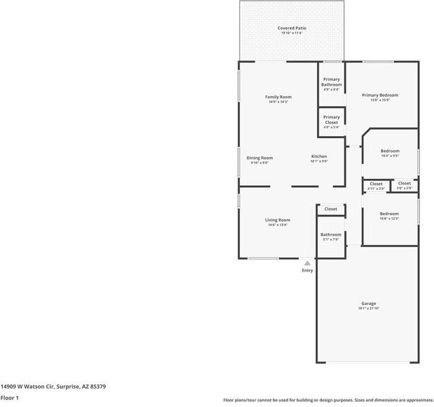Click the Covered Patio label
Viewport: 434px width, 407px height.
[x=291, y=28]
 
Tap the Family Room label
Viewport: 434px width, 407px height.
[x=278, y=97]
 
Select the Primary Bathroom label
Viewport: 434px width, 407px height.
[x=331, y=82]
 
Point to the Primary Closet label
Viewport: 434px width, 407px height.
[x=331, y=119]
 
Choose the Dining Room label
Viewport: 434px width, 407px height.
[x=259, y=158]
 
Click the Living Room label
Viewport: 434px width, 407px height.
[x=277, y=220]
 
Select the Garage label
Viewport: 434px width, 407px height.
[x=368, y=304]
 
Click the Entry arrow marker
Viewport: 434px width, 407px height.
[x=307, y=263]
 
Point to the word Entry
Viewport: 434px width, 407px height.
[x=308, y=271]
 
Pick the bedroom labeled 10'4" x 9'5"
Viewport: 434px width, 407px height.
[x=390, y=151]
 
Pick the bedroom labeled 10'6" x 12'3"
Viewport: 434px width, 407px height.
[x=389, y=214]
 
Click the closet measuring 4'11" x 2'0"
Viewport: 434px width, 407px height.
[x=376, y=184]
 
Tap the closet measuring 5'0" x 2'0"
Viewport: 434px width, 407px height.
[x=404, y=183]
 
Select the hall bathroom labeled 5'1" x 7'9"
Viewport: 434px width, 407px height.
[x=331, y=235]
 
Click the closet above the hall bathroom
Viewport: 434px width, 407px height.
[x=331, y=209]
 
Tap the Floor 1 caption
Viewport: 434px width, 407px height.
[x=10, y=397]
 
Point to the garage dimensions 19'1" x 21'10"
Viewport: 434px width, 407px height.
[x=368, y=309]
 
